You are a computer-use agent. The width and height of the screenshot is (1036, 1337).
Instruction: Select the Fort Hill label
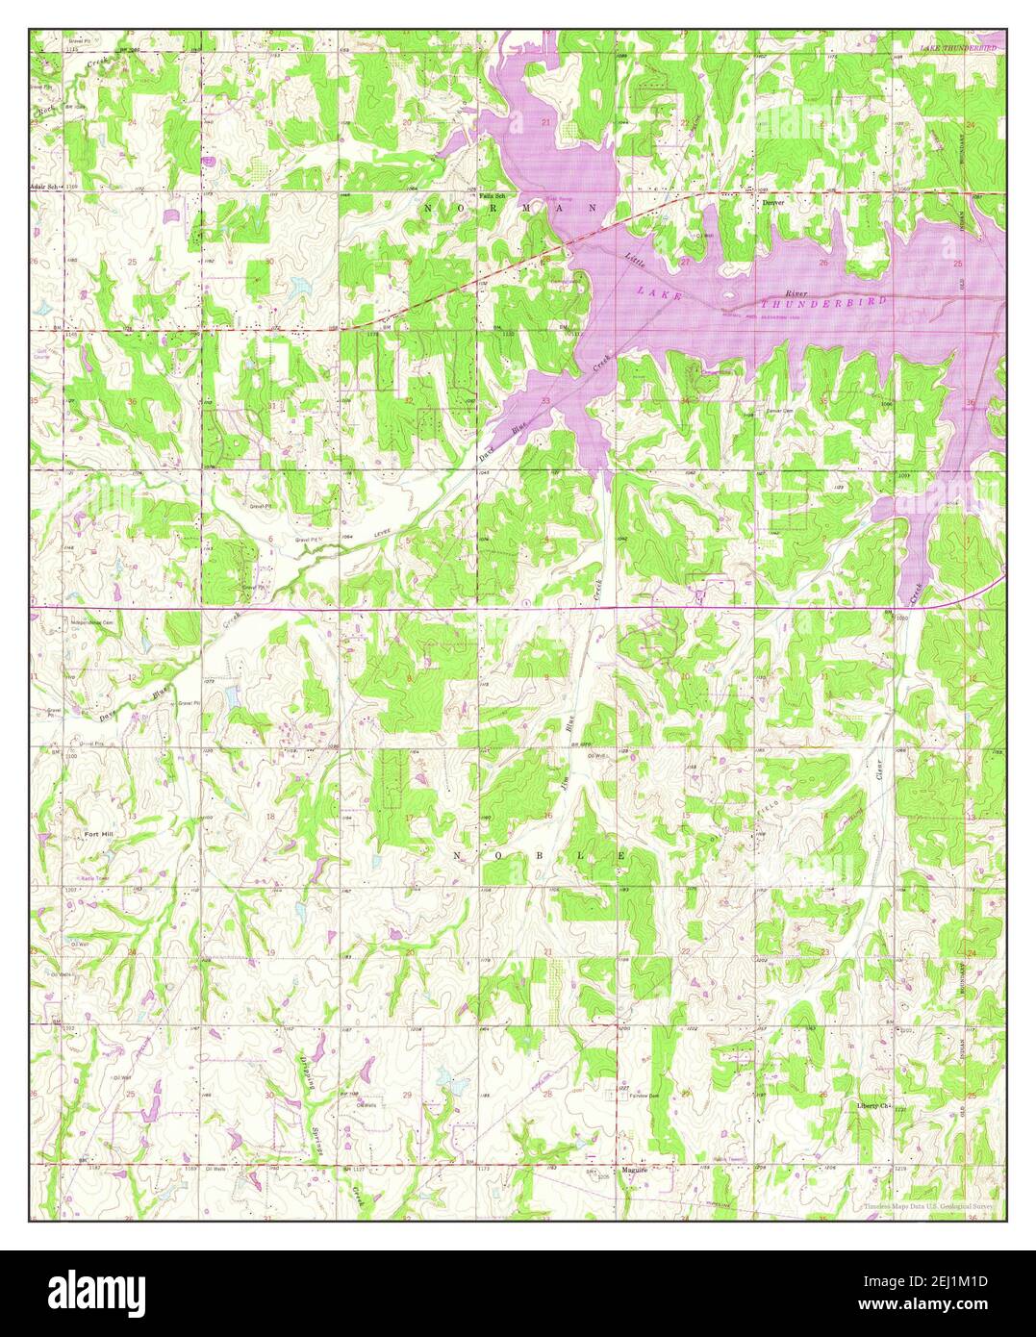(x=97, y=834)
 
